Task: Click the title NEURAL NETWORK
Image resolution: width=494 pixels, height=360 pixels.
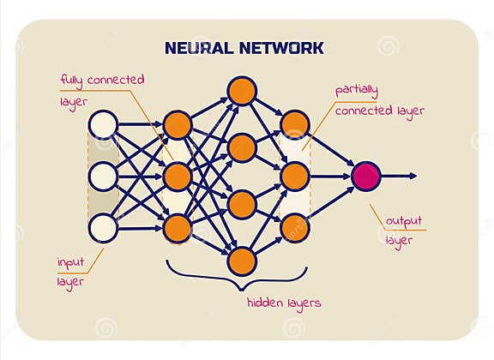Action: coord(244,47)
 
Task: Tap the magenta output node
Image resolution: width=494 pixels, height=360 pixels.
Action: coord(365,176)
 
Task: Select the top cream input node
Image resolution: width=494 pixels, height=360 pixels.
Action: coord(103,124)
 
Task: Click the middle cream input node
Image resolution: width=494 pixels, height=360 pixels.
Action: coord(103,177)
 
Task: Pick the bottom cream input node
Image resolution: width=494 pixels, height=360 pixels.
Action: coord(103,229)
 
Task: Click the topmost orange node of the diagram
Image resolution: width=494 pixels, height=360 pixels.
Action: coord(242,90)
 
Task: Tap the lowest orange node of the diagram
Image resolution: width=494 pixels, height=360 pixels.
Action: coord(242,260)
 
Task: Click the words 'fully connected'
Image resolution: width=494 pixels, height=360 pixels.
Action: coord(102,80)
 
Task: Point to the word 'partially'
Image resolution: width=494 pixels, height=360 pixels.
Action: coord(357,90)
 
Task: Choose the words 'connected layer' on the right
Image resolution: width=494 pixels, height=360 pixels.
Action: coord(379,111)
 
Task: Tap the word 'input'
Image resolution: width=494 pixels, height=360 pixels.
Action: coord(71,261)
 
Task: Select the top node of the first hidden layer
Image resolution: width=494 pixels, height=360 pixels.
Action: coord(177,124)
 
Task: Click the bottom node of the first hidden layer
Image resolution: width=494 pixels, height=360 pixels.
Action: coord(177,229)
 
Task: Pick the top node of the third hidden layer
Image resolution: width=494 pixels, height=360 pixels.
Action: coord(294,124)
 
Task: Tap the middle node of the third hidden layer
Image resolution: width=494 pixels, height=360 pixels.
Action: coord(294,177)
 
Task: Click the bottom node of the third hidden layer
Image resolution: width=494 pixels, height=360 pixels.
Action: coord(294,229)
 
